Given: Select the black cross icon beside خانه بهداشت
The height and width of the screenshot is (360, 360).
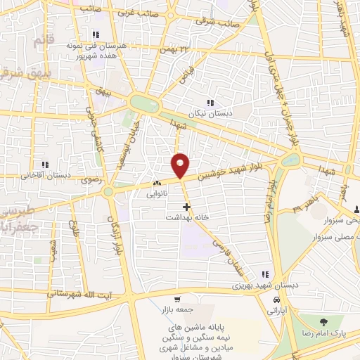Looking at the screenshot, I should pyautogui.click(x=186, y=207).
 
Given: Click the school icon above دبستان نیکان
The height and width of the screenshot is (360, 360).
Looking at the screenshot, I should pyautogui.click(x=210, y=103).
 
